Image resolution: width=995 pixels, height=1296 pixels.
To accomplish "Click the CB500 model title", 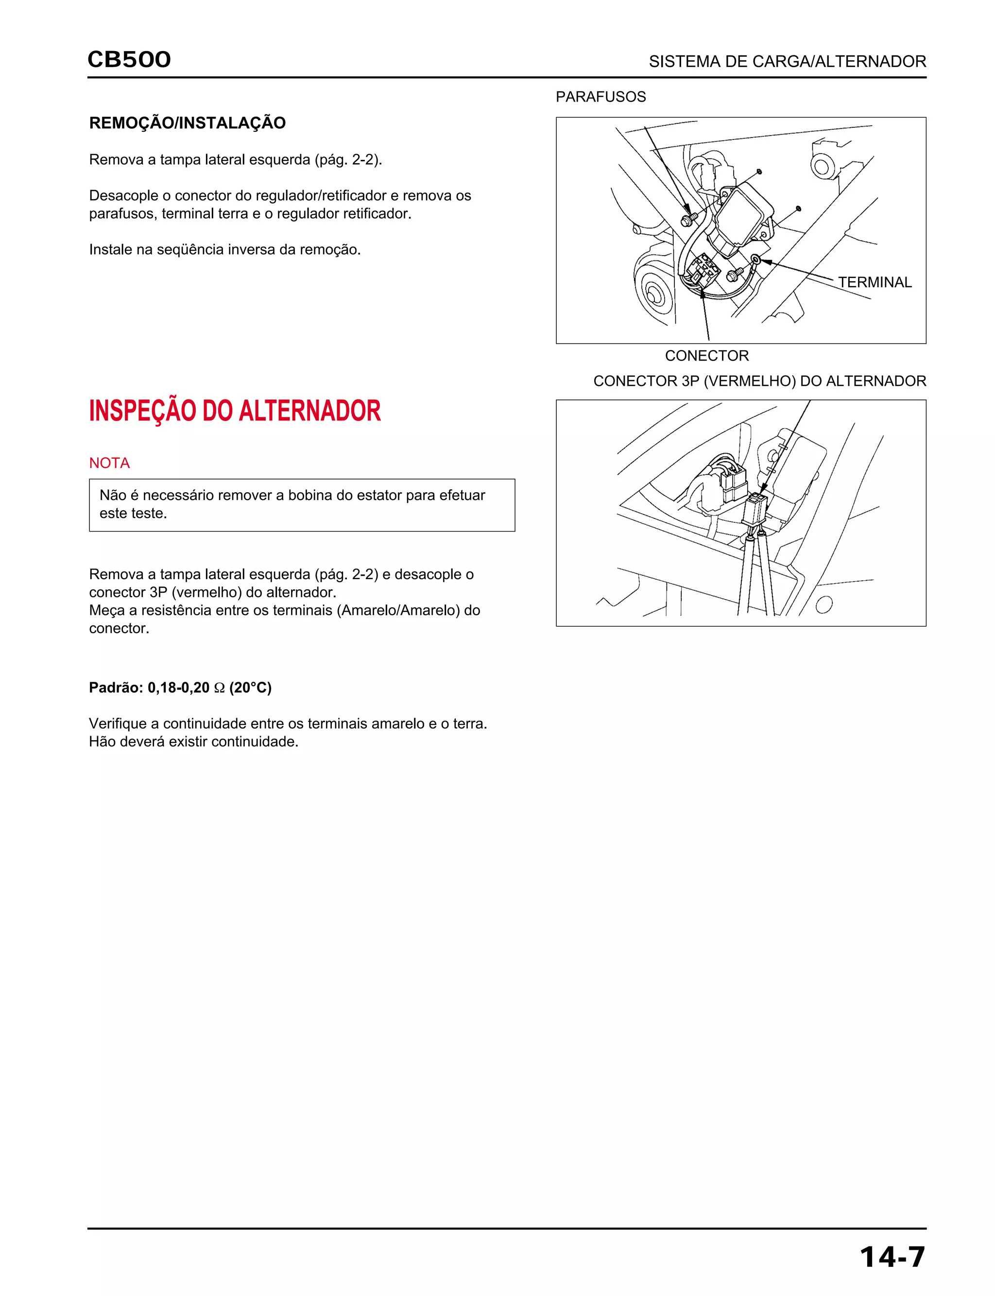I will [129, 60].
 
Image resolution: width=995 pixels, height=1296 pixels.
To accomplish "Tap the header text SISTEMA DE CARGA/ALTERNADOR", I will [787, 62].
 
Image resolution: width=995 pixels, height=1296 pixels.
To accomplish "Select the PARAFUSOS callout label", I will [600, 97].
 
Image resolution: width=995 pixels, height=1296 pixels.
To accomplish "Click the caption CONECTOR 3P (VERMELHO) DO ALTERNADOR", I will [759, 381].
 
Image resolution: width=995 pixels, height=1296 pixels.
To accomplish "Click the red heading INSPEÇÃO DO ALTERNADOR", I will [235, 411].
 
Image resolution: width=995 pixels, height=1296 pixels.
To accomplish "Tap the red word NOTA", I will [109, 463].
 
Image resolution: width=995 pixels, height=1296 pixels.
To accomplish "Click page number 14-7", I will [892, 1257].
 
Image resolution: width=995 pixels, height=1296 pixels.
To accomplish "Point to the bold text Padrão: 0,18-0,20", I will [149, 688].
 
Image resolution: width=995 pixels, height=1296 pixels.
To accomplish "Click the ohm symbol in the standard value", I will [219, 688].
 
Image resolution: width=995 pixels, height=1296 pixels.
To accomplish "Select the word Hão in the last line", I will [102, 742].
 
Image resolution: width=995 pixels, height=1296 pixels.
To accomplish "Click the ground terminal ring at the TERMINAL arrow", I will [756, 259].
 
